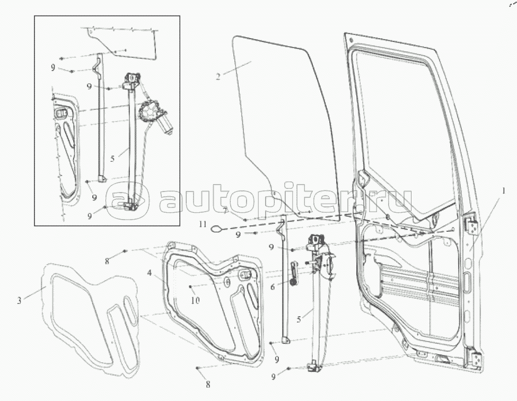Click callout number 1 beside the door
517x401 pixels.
(504, 190)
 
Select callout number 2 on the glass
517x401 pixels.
(218, 76)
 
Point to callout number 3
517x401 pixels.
(19, 301)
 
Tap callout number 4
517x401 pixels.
(150, 274)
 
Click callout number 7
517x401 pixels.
(225, 211)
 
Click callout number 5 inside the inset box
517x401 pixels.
(112, 158)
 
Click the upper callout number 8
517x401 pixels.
(107, 260)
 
